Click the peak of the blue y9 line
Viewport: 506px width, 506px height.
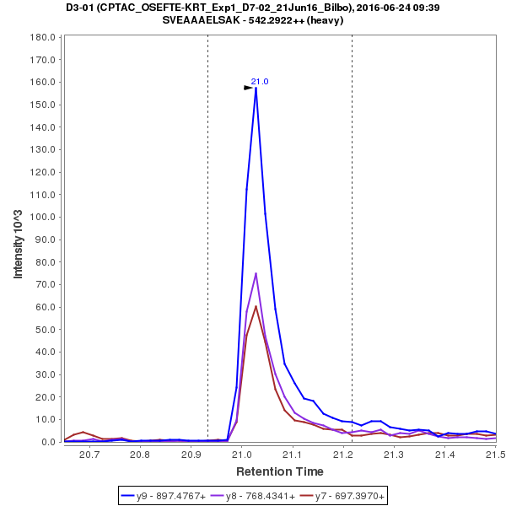[256, 88]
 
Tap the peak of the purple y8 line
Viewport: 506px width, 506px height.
[256, 273]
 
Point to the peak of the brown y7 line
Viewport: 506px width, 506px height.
[256, 306]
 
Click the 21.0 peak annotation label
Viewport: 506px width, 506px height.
[260, 81]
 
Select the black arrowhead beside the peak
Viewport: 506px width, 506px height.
[249, 88]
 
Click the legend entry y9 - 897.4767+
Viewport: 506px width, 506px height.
[164, 496]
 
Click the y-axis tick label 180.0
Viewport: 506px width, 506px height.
[42, 38]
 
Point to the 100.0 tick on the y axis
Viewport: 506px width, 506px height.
[42, 218]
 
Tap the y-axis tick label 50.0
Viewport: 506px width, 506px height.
[45, 330]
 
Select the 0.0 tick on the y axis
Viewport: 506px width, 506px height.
[47, 442]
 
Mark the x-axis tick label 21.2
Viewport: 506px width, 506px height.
[343, 455]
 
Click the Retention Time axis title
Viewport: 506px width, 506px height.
[279, 471]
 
